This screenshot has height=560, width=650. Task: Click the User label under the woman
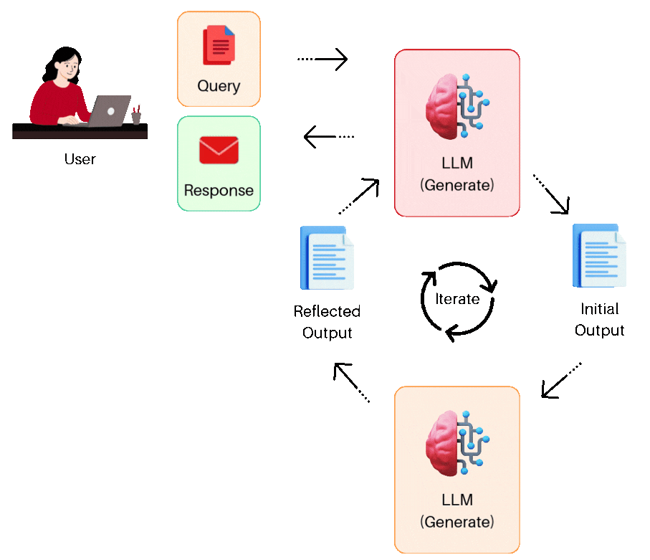pyautogui.click(x=80, y=159)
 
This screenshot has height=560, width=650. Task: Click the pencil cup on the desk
pyautogui.click(x=136, y=116)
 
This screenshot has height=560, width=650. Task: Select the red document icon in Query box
pyautogui.click(x=219, y=45)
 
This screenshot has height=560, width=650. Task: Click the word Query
pyautogui.click(x=219, y=86)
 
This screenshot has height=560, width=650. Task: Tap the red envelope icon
pyautogui.click(x=219, y=150)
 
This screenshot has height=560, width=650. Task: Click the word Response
pyautogui.click(x=219, y=191)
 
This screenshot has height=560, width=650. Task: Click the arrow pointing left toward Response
pyautogui.click(x=329, y=136)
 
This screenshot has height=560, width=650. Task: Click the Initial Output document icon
pyautogui.click(x=599, y=255)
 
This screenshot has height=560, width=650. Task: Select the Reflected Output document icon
pyautogui.click(x=328, y=257)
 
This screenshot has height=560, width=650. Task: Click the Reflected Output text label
pyautogui.click(x=327, y=322)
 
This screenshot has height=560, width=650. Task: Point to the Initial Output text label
pyautogui.click(x=600, y=320)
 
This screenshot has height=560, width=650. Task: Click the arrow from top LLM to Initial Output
pyautogui.click(x=551, y=194)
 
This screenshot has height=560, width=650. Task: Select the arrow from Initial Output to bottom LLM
pyautogui.click(x=561, y=380)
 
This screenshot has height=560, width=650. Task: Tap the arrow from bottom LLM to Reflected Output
pyautogui.click(x=351, y=381)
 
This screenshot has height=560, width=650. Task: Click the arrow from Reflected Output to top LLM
pyautogui.click(x=358, y=196)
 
